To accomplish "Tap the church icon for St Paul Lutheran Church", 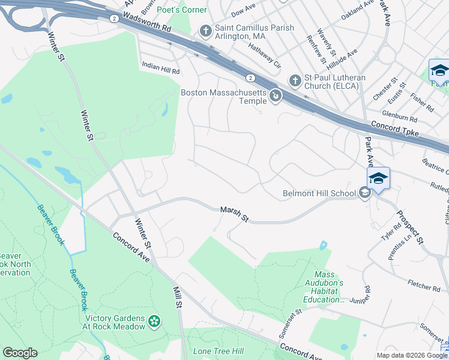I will (x=295, y=80).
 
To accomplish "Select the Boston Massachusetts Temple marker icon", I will (x=276, y=95).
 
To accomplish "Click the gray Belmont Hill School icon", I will (x=364, y=193).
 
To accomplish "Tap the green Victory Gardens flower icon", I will (x=155, y=322).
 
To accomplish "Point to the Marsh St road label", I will (x=234, y=213).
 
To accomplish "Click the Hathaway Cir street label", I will (x=265, y=53).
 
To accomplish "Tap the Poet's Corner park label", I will (x=181, y=10).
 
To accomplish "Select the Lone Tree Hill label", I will (x=218, y=351).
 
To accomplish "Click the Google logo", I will (x=20, y=353).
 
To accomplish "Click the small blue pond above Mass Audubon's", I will (x=324, y=245).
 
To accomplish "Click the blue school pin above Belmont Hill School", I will (x=378, y=178).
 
